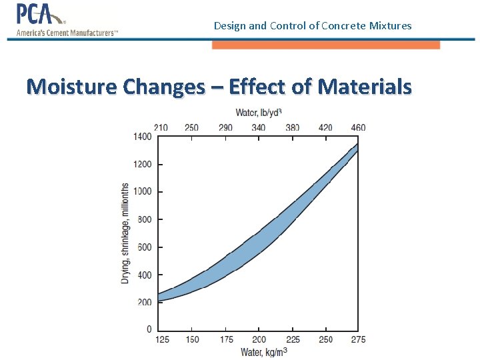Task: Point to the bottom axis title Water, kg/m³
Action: coord(263,351)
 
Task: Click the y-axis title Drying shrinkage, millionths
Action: coord(125,233)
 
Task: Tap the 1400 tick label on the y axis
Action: coord(143,137)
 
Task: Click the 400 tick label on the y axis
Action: coord(145,275)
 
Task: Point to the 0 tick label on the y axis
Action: coord(149,329)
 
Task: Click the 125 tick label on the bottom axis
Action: coord(162,340)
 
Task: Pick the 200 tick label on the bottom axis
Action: coord(259,340)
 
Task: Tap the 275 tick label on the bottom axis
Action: coord(357,340)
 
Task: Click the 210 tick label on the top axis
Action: coord(161,127)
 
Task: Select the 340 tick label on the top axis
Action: coord(259,127)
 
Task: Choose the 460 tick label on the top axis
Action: coord(357,127)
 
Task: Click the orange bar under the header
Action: coord(326,45)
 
